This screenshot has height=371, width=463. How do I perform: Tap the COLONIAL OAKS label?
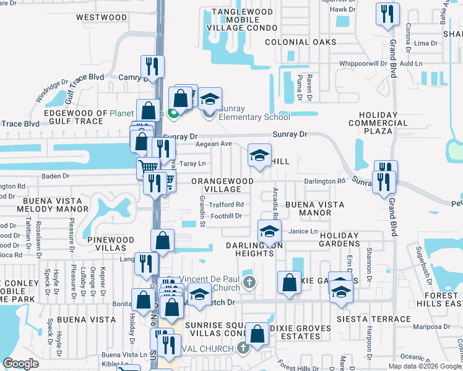point(301,43)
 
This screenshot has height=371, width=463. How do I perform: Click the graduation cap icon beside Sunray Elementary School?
point(210,100)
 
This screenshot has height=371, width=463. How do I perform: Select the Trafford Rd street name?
point(227,205)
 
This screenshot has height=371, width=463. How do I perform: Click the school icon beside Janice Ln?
point(269,233)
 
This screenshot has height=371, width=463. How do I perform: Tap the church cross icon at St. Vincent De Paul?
point(249,283)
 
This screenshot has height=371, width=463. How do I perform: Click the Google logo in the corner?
point(20,364)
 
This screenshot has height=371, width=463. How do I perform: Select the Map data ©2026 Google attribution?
point(425,366)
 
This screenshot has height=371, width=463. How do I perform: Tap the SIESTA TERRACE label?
point(373,320)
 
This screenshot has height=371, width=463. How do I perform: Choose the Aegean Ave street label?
point(213,144)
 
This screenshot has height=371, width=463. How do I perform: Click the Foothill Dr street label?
point(226,216)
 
